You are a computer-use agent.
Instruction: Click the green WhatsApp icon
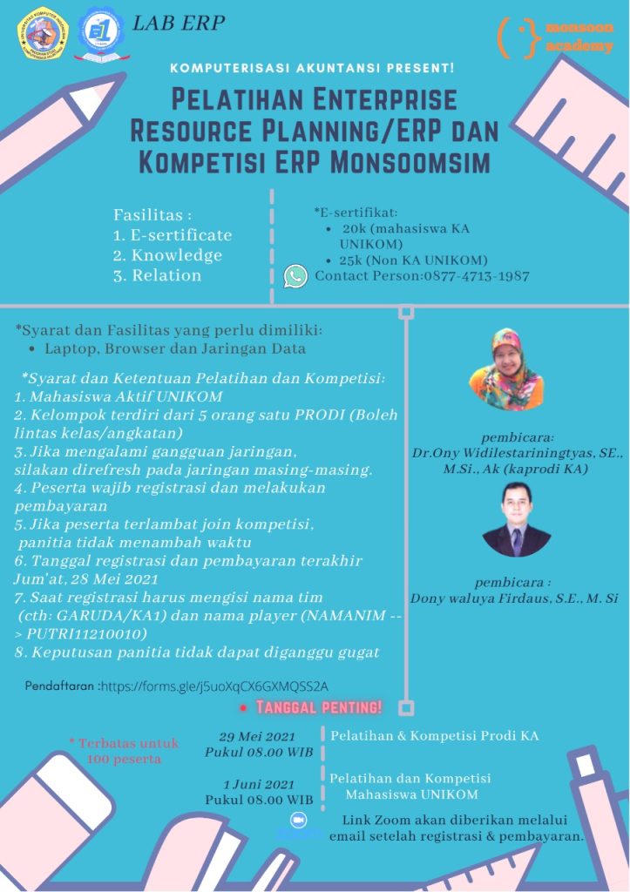(295, 276)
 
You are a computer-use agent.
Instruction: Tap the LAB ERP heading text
(179, 24)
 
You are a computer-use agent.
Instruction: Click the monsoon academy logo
(555, 37)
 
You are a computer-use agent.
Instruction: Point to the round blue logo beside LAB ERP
(99, 32)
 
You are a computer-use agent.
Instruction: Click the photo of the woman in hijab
(505, 368)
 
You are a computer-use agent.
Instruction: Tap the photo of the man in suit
(517, 520)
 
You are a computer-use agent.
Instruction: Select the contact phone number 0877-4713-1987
(477, 276)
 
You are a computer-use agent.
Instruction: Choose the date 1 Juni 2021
(259, 782)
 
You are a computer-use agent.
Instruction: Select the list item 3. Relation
(157, 275)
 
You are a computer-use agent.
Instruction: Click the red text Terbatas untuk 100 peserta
(123, 750)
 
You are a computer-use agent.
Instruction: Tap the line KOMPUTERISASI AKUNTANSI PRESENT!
(313, 67)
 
